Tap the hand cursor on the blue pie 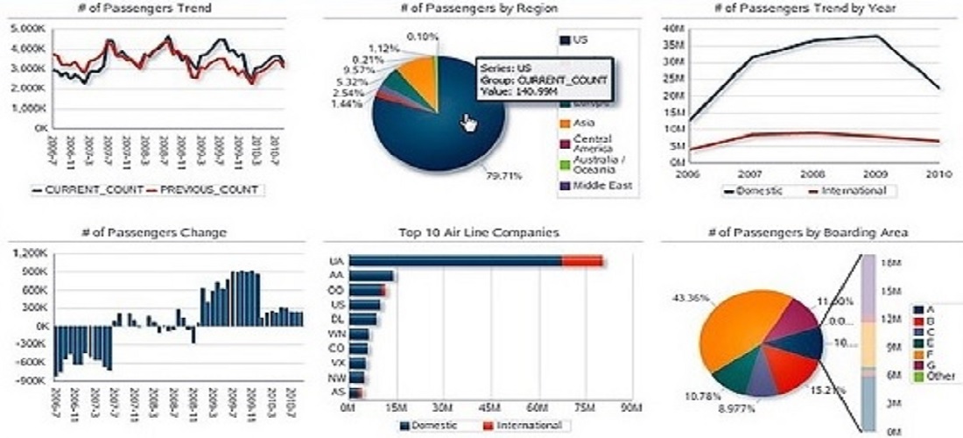click(x=470, y=124)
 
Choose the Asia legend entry click(x=586, y=122)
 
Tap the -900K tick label click(x=27, y=380)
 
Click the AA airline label click(x=336, y=275)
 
